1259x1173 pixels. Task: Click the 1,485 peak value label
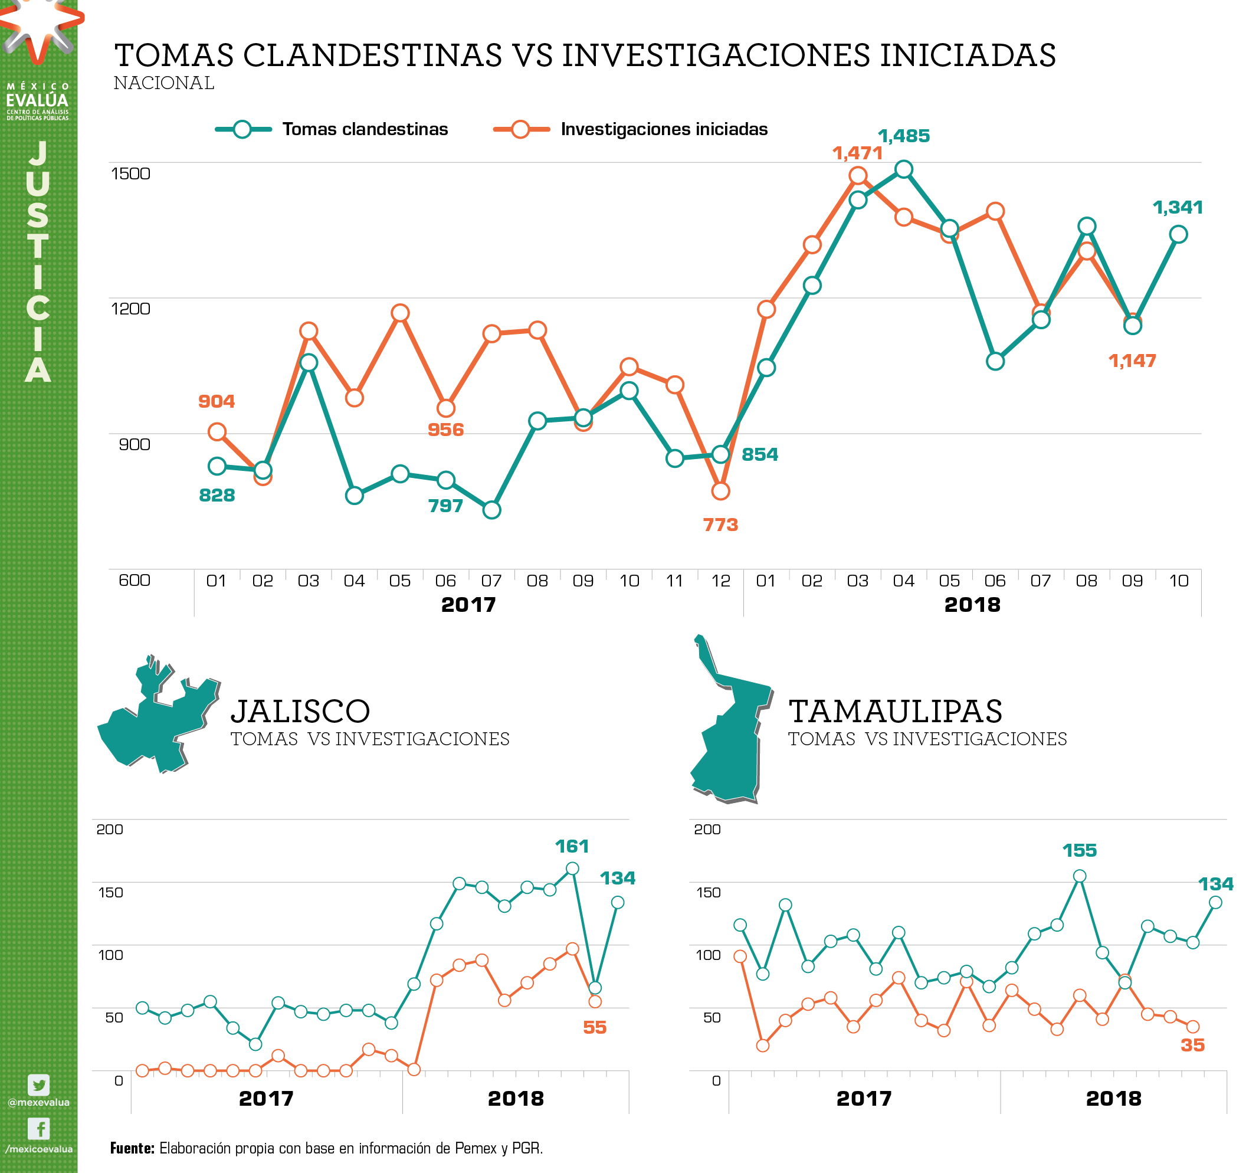[x=903, y=136]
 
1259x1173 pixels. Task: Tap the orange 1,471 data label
[x=857, y=153]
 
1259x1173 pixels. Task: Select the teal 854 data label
[x=759, y=454]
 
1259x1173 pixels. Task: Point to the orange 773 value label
[x=720, y=525]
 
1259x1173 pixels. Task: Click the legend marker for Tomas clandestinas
[x=242, y=129]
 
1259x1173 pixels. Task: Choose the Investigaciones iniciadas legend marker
[x=520, y=129]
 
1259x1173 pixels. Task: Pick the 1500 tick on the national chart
[x=130, y=173]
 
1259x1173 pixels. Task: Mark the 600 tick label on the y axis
[x=135, y=580]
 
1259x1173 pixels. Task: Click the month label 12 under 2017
[x=720, y=581]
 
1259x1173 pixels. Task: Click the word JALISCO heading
[x=300, y=711]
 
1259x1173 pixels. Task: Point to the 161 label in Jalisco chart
[x=571, y=846]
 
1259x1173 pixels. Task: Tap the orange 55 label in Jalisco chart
[x=594, y=1027]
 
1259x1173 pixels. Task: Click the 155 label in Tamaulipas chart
[x=1079, y=850]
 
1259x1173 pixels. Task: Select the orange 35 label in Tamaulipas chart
[x=1192, y=1045]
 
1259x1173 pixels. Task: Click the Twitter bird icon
[x=38, y=1085]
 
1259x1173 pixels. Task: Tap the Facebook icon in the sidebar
[x=38, y=1129]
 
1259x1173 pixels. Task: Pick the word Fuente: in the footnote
[x=132, y=1148]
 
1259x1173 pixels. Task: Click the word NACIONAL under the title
[x=164, y=83]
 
